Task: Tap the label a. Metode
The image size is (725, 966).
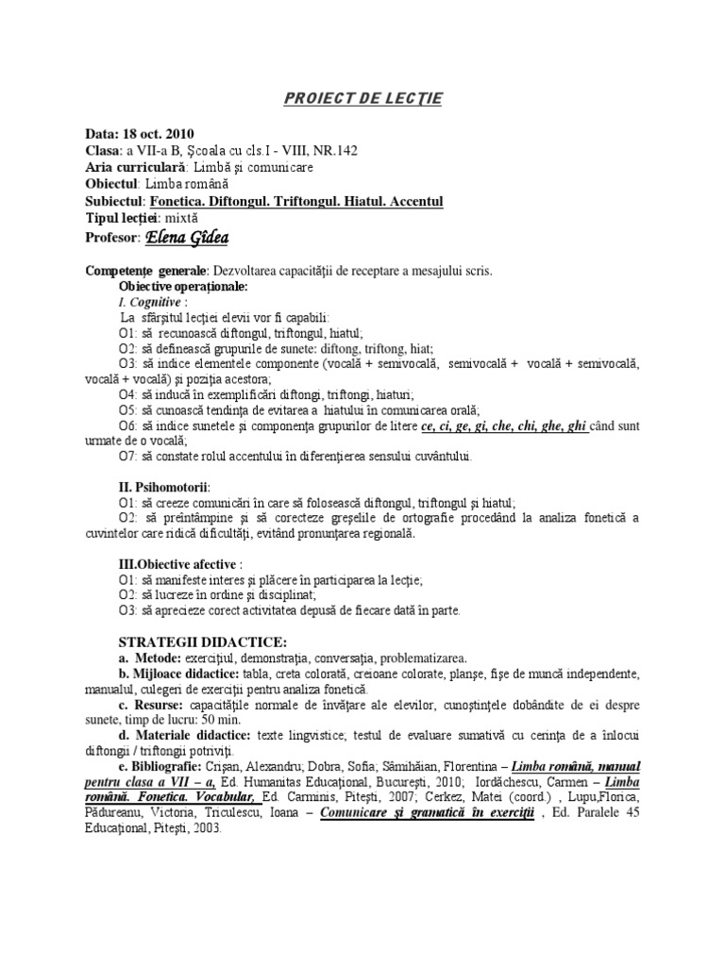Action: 150,658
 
